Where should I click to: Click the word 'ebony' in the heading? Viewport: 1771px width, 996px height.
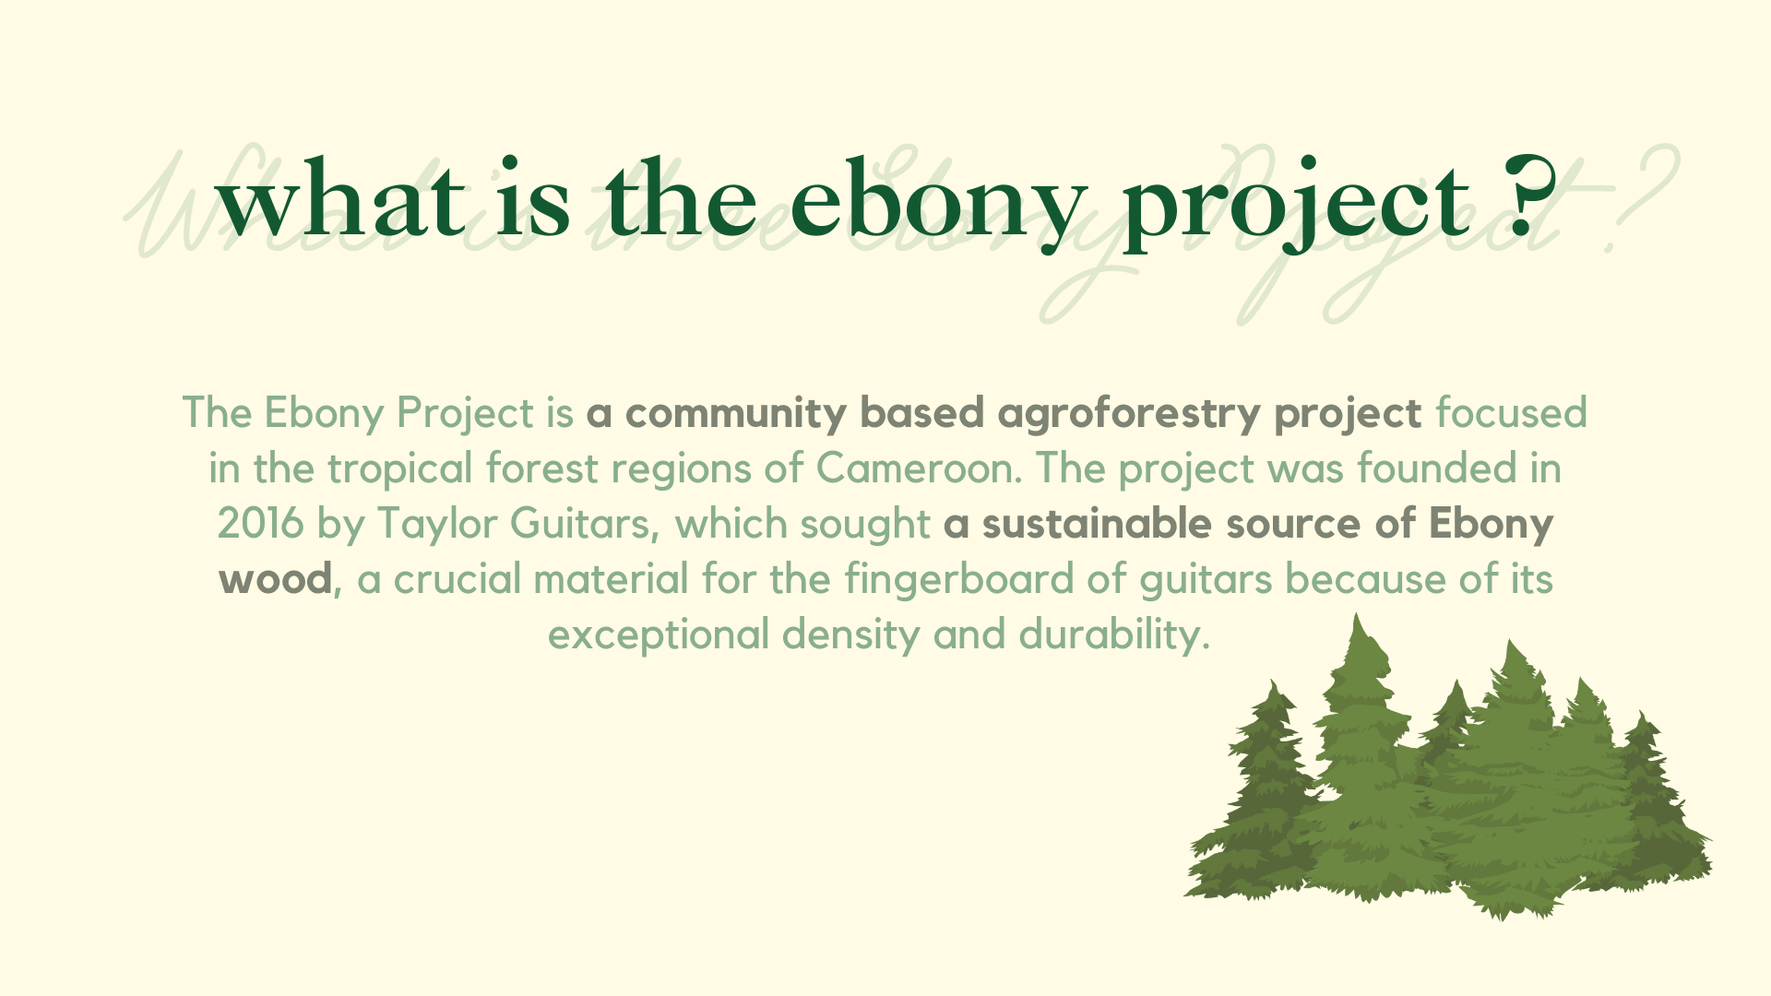(x=938, y=204)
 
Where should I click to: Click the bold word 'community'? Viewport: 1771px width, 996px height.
(x=735, y=414)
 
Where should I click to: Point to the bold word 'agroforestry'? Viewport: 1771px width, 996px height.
(x=1129, y=414)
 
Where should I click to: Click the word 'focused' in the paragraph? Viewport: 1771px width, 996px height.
(x=1511, y=412)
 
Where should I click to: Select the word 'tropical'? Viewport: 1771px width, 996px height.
(x=399, y=469)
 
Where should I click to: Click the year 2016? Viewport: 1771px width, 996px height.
(x=260, y=524)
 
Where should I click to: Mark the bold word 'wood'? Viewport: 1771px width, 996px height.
(x=275, y=579)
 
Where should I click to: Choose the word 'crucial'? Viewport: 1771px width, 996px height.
(x=458, y=579)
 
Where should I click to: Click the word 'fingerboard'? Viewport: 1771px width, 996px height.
(x=959, y=580)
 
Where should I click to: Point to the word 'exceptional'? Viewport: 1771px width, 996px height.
(x=659, y=635)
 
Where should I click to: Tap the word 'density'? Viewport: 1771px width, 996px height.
(x=850, y=635)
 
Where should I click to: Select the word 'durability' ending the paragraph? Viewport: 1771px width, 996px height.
(x=1113, y=634)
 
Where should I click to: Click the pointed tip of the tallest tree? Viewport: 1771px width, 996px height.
(x=1356, y=613)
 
